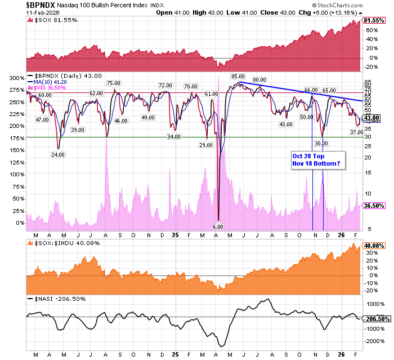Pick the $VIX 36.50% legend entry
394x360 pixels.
coord(50,88)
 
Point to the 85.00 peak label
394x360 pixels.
coord(238,76)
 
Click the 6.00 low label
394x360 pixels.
coord(218,226)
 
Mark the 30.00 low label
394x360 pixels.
coord(321,144)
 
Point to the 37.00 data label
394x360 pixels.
coord(356,132)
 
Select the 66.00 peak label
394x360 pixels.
coord(311,90)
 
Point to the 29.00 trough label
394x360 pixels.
coord(205,145)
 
